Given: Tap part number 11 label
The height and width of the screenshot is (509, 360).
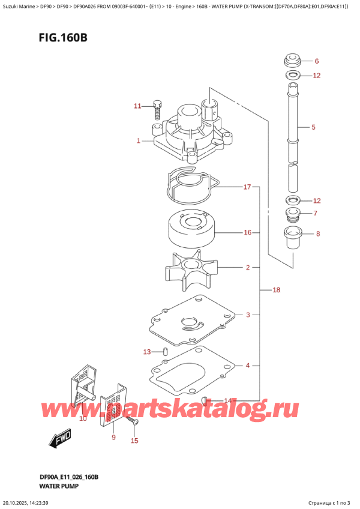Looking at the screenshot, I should click(x=137, y=106).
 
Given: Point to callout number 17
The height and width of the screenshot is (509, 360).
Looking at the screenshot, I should click(x=247, y=187).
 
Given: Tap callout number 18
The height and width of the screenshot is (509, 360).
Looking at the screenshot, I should click(x=276, y=291).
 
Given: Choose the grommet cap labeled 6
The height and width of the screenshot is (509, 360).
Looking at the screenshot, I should click(x=292, y=61).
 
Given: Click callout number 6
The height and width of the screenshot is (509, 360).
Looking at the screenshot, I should click(x=317, y=61).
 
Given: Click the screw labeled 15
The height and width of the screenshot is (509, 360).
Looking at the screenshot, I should click(x=136, y=423).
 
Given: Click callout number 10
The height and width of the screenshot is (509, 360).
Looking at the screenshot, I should click(x=83, y=418).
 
